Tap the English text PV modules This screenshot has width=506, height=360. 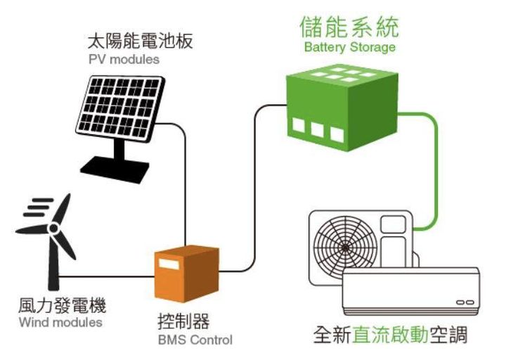pos(124,59)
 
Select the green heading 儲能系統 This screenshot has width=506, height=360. pos(349,27)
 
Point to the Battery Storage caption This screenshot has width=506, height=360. pos(349,48)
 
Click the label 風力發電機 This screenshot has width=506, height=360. pos(62,307)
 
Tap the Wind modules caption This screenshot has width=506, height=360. pos(60,323)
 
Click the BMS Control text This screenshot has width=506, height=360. pos(194,340)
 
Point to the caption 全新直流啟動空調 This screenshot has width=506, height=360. pos(390,335)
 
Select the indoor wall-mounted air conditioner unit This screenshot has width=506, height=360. pos(410,291)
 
